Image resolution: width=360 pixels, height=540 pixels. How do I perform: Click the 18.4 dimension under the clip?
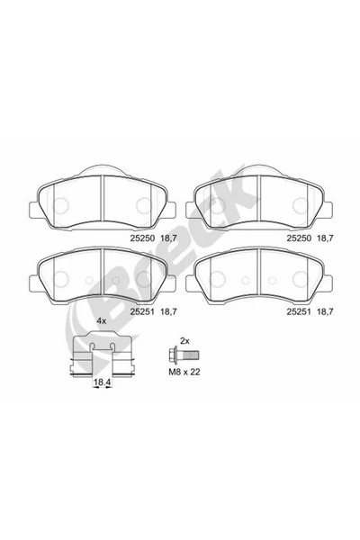[103, 382]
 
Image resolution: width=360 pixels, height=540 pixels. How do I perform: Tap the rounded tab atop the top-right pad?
[259, 171]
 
